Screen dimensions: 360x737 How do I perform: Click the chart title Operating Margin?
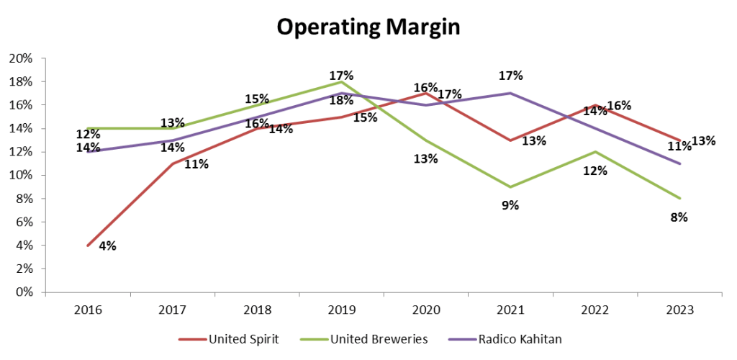[368, 27]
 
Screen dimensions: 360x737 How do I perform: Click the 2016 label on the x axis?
[88, 310]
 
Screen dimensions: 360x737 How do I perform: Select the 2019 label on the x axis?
[341, 310]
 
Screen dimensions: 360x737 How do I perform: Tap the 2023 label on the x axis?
[679, 310]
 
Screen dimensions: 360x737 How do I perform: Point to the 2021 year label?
[510, 310]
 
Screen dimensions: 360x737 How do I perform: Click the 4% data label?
[107, 246]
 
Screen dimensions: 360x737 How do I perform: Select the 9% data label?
[510, 206]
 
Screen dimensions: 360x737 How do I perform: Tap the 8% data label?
[678, 217]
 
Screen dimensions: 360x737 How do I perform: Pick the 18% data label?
[340, 101]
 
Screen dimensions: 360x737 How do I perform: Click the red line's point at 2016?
[88, 246]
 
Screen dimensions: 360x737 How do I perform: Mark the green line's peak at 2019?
[341, 82]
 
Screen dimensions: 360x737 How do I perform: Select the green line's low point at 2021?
[510, 187]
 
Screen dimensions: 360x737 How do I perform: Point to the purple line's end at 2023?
[679, 163]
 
